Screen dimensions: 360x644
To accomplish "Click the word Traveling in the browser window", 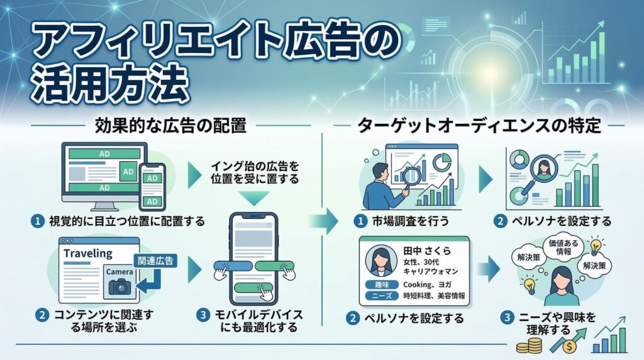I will point(88,254).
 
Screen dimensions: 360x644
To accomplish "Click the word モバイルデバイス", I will point(266,313).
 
